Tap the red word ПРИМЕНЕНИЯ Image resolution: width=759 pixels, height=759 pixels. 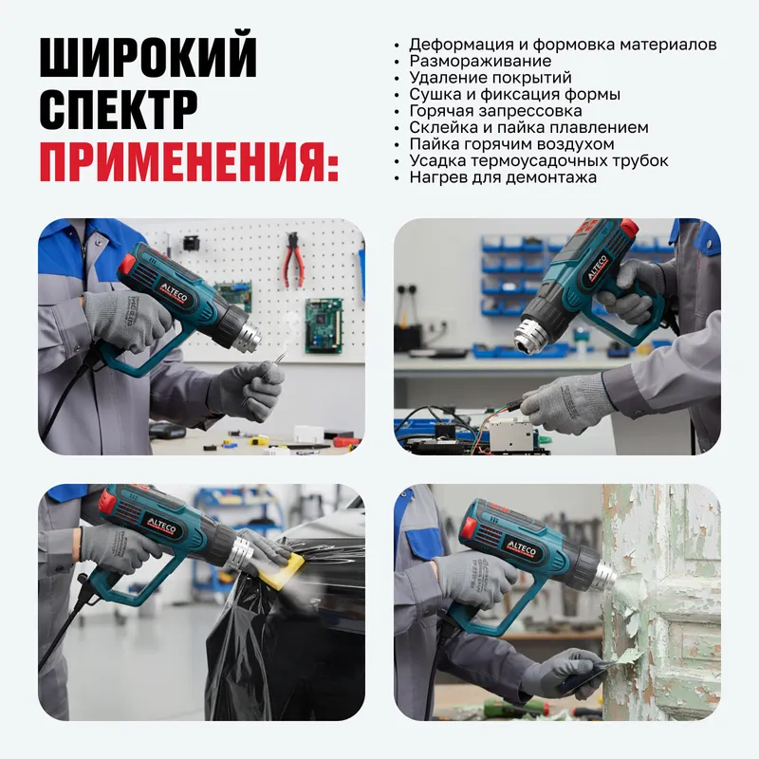click(x=189, y=161)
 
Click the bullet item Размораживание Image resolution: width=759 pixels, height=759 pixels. click(x=480, y=61)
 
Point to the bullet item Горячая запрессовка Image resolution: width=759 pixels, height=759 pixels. click(x=495, y=111)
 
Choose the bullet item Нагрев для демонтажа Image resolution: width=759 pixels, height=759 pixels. click(x=503, y=177)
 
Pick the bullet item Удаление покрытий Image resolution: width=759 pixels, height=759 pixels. click(x=491, y=78)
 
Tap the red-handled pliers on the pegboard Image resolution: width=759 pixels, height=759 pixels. click(x=294, y=259)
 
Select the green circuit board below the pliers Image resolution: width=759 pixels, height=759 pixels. click(x=324, y=325)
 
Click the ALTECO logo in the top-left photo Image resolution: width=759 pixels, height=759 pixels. click(x=174, y=293)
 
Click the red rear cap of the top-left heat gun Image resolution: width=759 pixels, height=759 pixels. click(x=127, y=265)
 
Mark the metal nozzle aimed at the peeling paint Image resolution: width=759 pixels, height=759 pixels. click(x=605, y=575)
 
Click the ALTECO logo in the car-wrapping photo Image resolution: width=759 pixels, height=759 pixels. click(x=161, y=526)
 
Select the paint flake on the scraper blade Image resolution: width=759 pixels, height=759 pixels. click(x=629, y=657)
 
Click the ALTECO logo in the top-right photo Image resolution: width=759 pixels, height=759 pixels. click(x=598, y=268)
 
